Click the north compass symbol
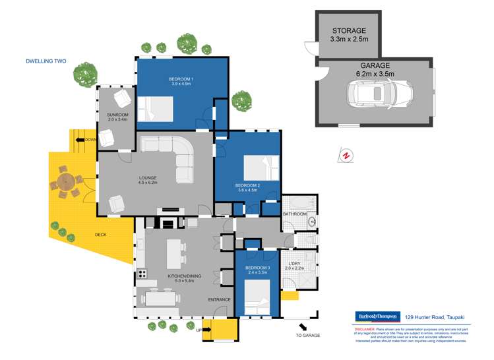(344, 154)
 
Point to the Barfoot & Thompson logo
(377, 316)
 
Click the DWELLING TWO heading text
(46, 61)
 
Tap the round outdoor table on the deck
(65, 181)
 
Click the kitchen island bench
(174, 252)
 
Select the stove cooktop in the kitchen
(141, 272)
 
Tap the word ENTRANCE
(220, 300)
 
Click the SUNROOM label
(117, 117)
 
